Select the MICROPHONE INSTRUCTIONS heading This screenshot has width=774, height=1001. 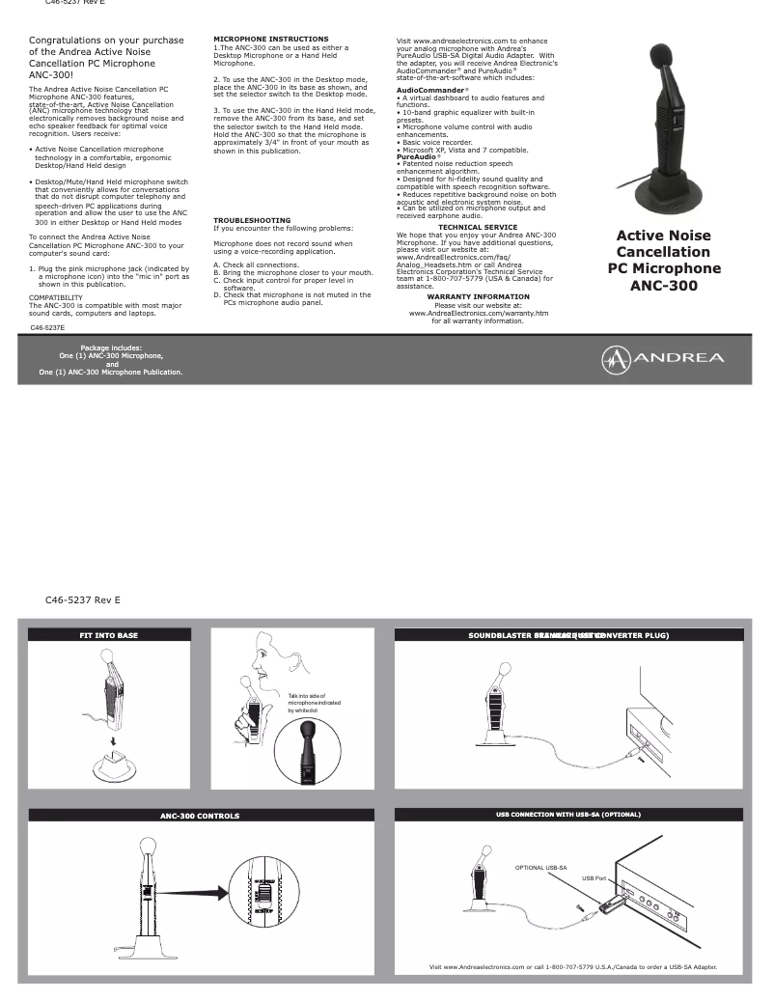tap(257, 39)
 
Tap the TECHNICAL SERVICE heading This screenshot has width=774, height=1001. tap(477, 227)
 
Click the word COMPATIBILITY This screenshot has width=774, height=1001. tap(56, 297)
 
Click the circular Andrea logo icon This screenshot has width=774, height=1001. tap(616, 358)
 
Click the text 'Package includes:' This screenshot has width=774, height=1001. tap(111, 348)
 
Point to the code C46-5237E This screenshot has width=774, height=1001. tap(48, 328)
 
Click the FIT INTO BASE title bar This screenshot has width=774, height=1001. tap(108, 635)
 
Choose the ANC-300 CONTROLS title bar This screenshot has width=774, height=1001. tap(200, 816)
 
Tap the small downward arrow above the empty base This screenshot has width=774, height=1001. tap(113, 739)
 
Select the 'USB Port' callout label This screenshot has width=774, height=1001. tap(594, 878)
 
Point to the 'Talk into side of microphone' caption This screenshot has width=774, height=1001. tap(308, 702)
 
